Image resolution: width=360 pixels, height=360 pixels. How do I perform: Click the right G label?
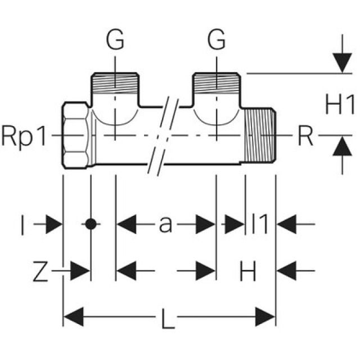click(217, 40)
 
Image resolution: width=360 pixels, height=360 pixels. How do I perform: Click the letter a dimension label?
click(165, 224)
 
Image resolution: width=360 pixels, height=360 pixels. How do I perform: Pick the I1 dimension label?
click(260, 224)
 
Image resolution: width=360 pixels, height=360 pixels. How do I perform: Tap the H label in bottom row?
click(248, 272)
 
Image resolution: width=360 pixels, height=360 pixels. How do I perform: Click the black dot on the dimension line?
click(89, 224)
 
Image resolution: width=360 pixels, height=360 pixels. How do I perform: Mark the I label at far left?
click(22, 225)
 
